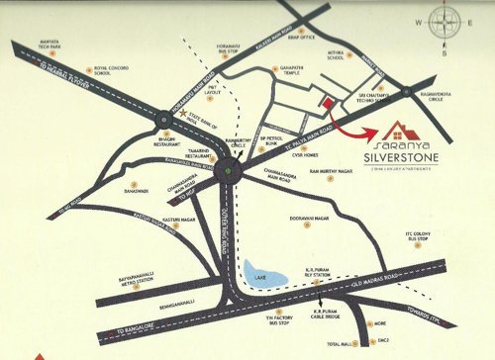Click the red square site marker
[x=325, y=100]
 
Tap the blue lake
[x=260, y=268]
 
